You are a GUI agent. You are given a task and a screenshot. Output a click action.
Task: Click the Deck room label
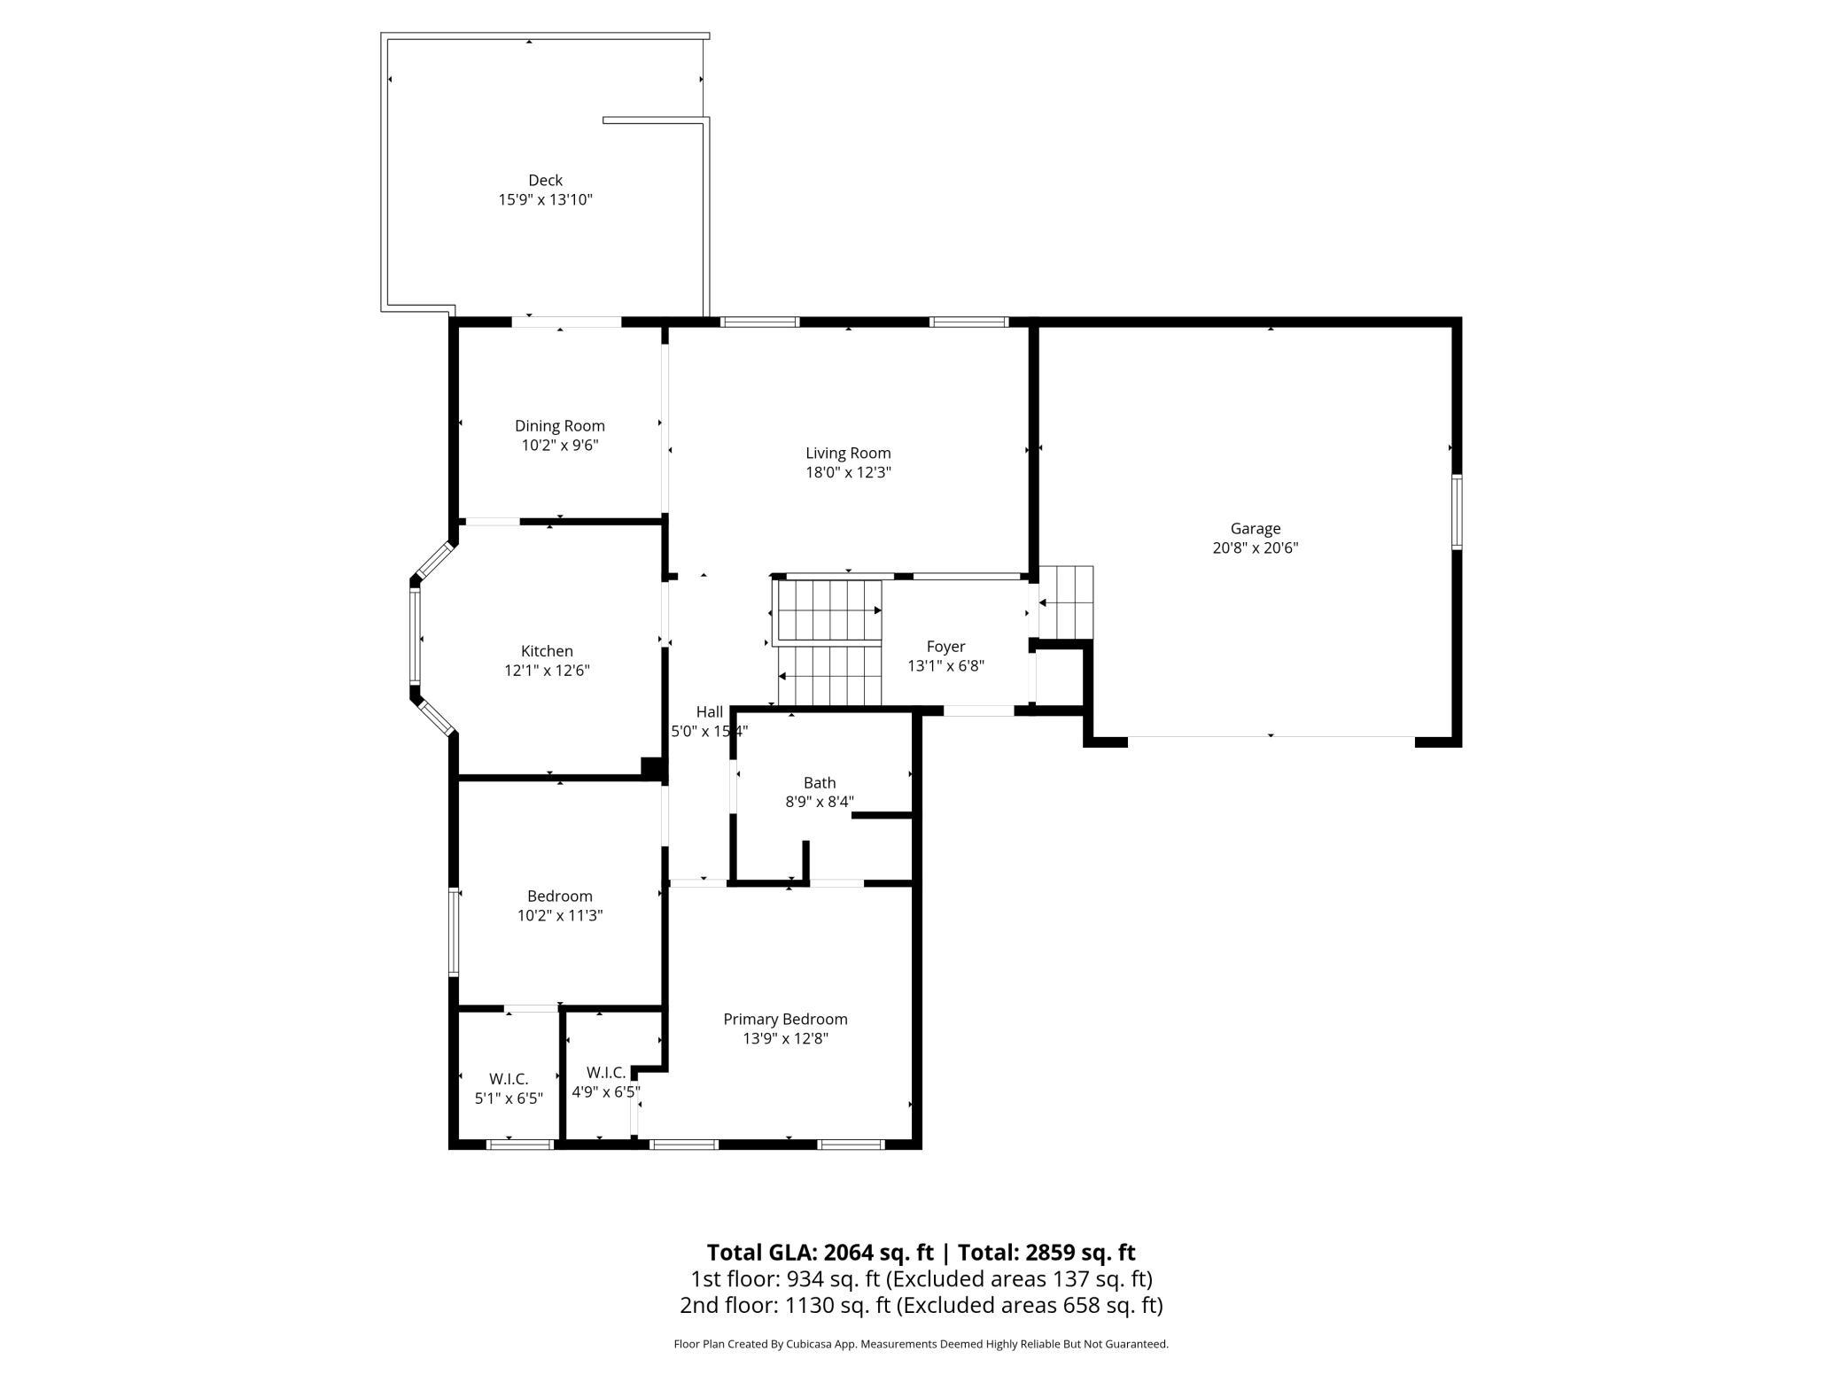click(x=545, y=181)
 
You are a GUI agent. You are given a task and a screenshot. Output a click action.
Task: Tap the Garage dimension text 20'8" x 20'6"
click(x=1255, y=548)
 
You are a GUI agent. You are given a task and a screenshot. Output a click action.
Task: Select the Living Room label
click(x=848, y=454)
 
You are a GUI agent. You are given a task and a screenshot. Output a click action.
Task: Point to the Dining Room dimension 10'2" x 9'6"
click(x=559, y=446)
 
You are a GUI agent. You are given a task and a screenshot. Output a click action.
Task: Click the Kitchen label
click(x=547, y=652)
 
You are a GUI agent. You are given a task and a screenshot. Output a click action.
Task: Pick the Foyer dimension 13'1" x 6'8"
click(x=945, y=666)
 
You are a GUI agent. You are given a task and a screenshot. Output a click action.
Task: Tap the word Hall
click(x=710, y=712)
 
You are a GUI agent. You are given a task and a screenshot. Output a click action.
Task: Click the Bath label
click(x=820, y=783)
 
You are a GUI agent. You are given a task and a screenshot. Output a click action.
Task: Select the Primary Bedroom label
click(x=785, y=1020)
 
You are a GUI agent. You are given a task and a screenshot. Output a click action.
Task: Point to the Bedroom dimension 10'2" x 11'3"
click(x=560, y=916)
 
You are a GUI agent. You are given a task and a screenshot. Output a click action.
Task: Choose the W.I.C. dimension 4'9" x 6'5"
click(x=606, y=1092)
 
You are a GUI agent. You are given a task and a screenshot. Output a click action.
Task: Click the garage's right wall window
click(x=1456, y=512)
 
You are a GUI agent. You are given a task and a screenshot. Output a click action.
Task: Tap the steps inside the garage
click(x=1066, y=602)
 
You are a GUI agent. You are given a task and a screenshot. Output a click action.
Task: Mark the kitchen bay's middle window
click(x=415, y=636)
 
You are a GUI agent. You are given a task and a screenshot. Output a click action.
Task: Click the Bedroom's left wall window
click(x=454, y=931)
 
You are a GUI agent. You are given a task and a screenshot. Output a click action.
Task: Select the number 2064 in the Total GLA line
click(x=852, y=1253)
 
